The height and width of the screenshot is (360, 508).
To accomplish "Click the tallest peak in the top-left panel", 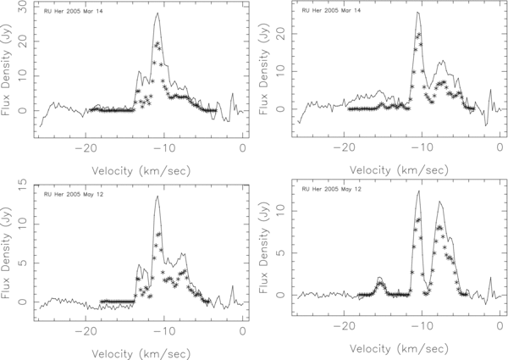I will point(157,14).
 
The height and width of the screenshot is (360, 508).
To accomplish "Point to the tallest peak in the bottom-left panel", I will point(157,197).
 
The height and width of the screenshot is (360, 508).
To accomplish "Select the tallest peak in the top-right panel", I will point(418,13).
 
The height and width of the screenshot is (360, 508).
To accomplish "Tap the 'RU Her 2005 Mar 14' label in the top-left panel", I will point(75,13).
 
